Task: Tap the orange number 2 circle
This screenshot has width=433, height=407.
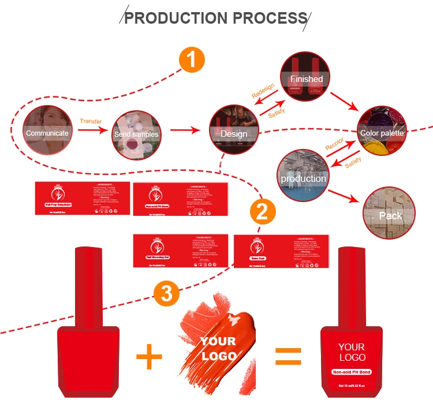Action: point(262,211)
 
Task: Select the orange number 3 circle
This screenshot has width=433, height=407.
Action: point(166,294)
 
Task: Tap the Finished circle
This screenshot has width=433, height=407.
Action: point(306,77)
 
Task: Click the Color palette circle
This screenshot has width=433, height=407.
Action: point(382,131)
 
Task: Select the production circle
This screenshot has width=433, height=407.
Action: point(303,176)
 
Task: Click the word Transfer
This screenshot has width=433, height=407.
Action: point(90,121)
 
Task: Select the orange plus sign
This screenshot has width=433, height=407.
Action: point(149,357)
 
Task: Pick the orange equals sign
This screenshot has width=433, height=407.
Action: point(288,356)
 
